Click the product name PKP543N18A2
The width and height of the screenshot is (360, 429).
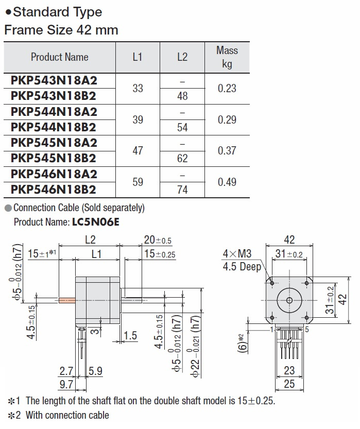click(x=54, y=80)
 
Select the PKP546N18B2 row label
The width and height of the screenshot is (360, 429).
click(x=54, y=190)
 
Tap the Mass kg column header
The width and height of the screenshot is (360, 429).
click(x=227, y=57)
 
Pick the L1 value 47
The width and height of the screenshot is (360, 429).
click(x=138, y=151)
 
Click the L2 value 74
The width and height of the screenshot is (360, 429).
click(x=182, y=190)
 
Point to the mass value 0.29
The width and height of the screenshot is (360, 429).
click(x=227, y=119)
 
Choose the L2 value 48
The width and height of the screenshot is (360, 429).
click(x=182, y=96)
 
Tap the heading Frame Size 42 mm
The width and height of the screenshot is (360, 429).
click(x=61, y=30)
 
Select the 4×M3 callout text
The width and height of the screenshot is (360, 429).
click(x=237, y=254)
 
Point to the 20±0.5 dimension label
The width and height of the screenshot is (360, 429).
click(x=158, y=240)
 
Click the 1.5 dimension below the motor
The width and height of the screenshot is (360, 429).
click(x=131, y=336)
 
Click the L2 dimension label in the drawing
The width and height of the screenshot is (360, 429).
click(x=90, y=240)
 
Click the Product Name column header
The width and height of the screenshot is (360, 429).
click(x=59, y=57)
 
